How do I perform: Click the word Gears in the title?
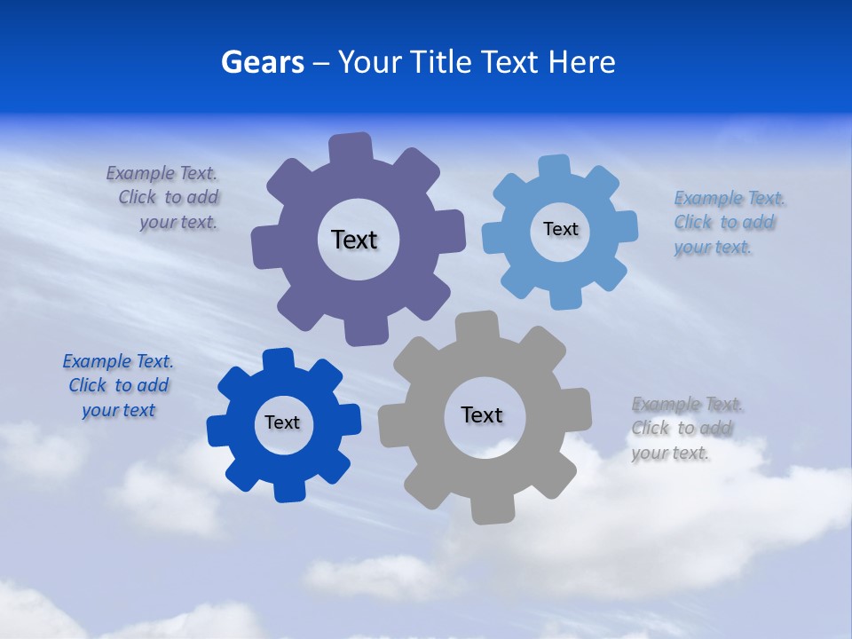tap(263, 63)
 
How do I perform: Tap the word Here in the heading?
tap(581, 63)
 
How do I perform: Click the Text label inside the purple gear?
tap(354, 240)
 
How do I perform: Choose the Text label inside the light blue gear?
tap(560, 229)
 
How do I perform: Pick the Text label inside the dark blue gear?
tap(282, 422)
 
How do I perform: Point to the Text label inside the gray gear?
tap(482, 414)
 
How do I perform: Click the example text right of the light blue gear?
tap(725, 223)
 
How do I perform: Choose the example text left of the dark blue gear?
tap(118, 386)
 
